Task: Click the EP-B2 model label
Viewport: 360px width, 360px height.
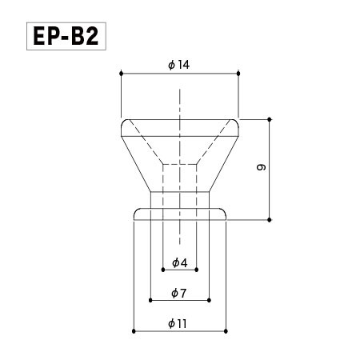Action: [x=66, y=37]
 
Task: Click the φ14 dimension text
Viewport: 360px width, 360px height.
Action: [x=179, y=65]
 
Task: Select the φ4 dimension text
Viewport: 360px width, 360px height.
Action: [x=179, y=262]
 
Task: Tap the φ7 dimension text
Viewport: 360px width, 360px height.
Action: [x=179, y=294]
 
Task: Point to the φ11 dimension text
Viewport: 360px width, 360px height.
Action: [x=178, y=323]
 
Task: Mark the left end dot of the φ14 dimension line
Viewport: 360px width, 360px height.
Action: [x=121, y=74]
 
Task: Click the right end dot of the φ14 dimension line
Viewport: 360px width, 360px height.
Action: [x=239, y=74]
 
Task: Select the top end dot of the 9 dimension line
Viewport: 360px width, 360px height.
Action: [x=270, y=118]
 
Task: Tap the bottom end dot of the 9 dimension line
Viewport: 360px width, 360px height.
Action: [x=270, y=218]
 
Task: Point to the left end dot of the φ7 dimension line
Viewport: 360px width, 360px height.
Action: [x=150, y=301]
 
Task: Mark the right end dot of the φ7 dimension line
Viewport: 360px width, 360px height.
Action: [x=210, y=301]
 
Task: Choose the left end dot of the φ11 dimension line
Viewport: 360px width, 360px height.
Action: [x=133, y=330]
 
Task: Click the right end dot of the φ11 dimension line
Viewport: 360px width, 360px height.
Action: [x=227, y=330]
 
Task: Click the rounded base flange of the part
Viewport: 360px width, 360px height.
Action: [x=180, y=214]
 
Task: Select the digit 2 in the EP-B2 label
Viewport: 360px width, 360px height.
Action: [x=95, y=37]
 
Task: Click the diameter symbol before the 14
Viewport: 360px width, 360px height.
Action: [x=172, y=65]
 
